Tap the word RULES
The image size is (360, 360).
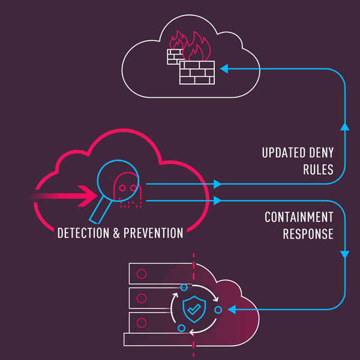(318, 170)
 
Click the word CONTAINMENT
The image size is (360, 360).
(299, 217)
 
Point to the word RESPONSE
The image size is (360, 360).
(307, 234)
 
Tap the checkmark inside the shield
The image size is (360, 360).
(194, 309)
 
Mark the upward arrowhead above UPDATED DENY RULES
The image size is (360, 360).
(344, 127)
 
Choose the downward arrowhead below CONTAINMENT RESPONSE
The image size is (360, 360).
(344, 255)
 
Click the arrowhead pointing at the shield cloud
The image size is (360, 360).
(233, 310)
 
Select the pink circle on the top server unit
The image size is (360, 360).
(142, 274)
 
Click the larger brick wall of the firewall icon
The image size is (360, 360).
(197, 73)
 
